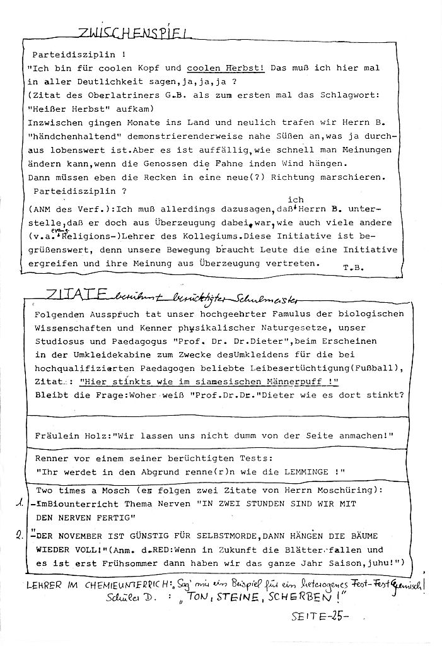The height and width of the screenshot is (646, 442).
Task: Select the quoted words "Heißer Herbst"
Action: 64,109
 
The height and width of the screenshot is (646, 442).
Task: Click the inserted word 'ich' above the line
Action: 294,200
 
